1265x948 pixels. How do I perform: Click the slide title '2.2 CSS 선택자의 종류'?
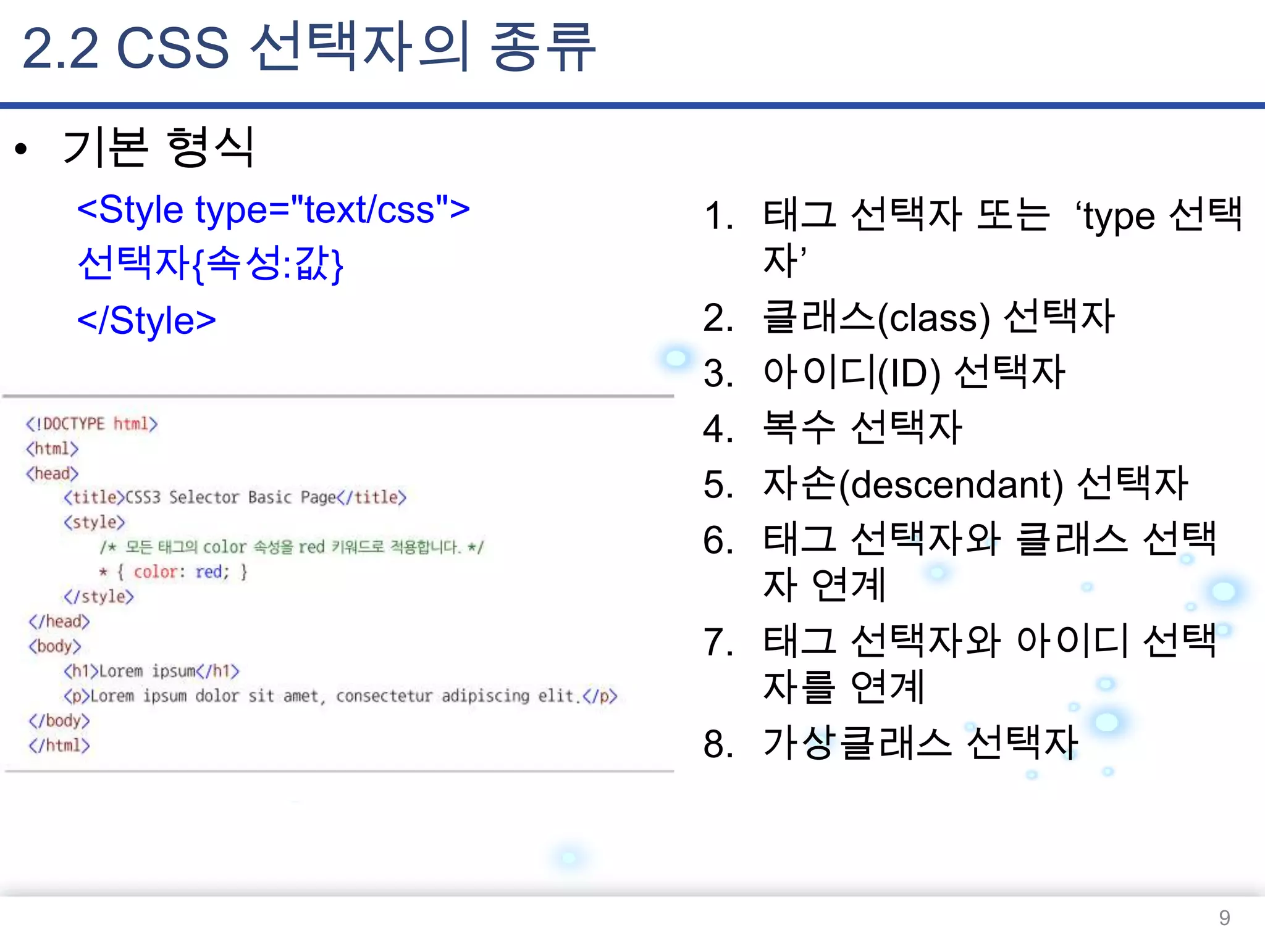point(309,48)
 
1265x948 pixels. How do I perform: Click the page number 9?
point(1224,918)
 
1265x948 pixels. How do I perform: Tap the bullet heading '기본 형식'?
point(158,148)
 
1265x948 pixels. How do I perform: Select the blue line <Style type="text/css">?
point(273,210)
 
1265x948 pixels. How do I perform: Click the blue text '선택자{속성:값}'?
point(210,264)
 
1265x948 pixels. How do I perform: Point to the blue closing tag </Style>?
point(146,320)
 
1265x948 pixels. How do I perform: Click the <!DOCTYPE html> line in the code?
point(91,424)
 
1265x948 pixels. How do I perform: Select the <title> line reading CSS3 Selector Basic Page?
point(235,497)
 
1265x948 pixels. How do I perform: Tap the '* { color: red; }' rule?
point(174,572)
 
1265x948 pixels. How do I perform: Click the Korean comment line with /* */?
point(292,547)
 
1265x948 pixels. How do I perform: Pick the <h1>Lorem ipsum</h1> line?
point(151,671)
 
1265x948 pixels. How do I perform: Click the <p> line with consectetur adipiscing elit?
point(340,696)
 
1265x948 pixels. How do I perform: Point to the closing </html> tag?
point(59,746)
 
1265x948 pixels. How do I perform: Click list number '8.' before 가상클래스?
point(718,744)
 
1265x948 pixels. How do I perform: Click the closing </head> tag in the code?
point(59,622)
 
